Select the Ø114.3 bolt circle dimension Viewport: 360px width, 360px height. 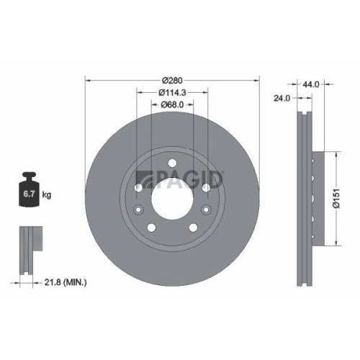pos(173,92)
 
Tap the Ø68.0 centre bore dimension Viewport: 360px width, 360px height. pos(173,104)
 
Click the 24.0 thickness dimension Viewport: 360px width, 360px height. pos(282,99)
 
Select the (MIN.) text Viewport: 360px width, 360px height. pos(74,284)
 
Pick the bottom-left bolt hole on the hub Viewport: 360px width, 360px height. pos(151,228)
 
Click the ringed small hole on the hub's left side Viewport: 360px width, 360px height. pos(138,210)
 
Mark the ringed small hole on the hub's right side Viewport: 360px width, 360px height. pos(207,210)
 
